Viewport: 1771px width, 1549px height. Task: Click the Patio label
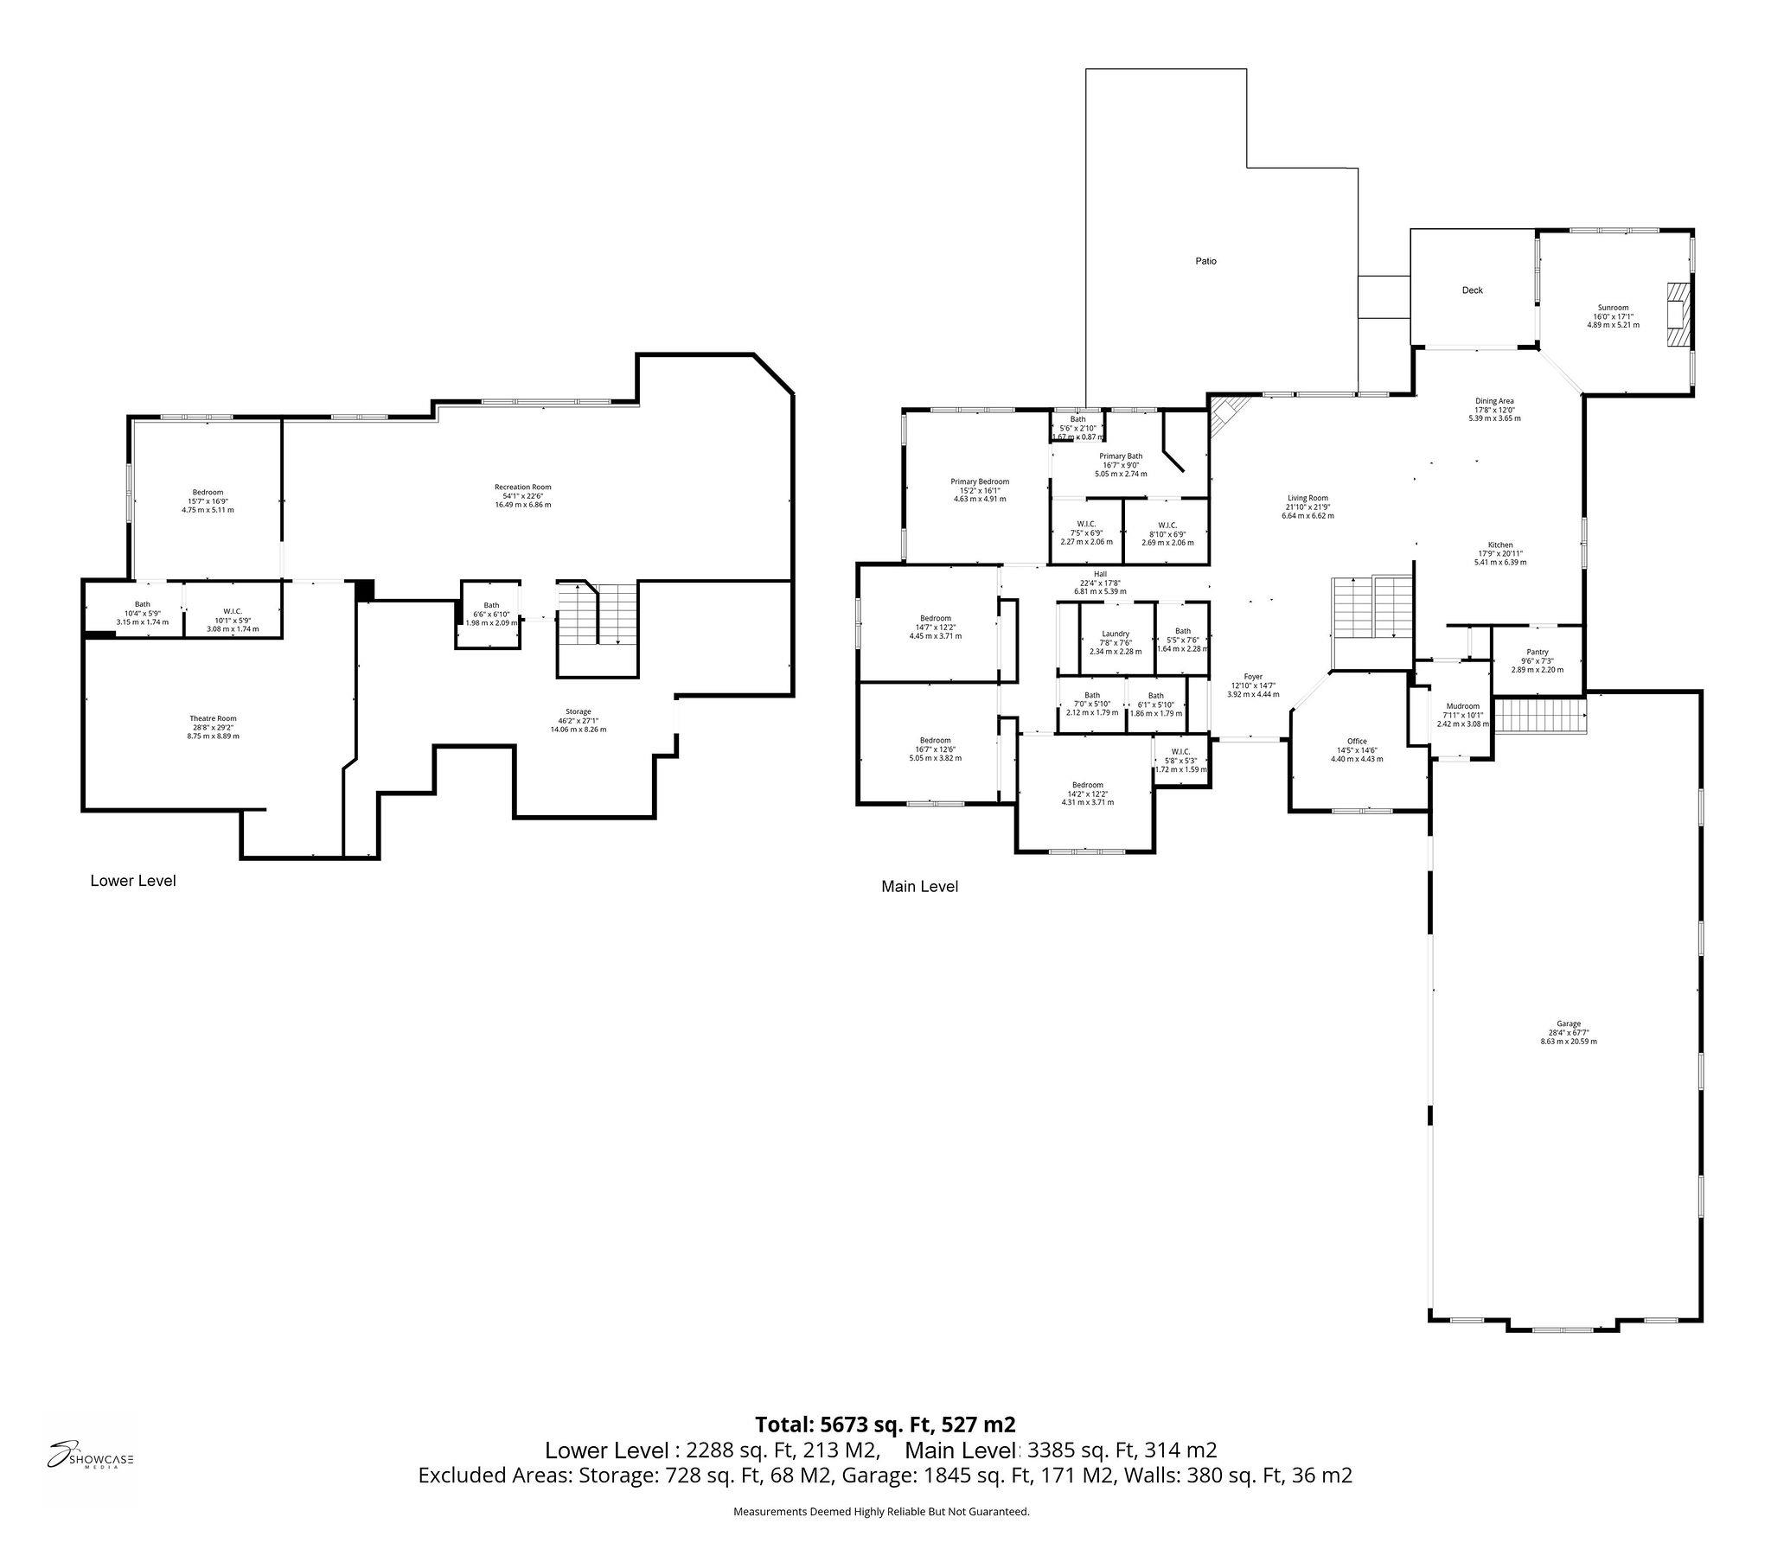[1205, 261]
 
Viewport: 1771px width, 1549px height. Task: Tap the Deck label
[1472, 290]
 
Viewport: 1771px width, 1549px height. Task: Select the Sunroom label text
[1613, 308]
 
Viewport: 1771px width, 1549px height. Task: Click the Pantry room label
[1537, 652]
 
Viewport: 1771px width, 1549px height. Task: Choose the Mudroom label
[1462, 706]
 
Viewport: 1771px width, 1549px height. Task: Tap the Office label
[1357, 741]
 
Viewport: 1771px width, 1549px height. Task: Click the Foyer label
[1253, 677]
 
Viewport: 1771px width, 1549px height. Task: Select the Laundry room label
[1116, 634]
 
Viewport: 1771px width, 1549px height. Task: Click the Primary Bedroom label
[980, 481]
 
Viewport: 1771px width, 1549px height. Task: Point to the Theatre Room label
[213, 718]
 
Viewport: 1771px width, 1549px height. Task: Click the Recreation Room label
[522, 487]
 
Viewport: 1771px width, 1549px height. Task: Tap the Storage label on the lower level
[578, 711]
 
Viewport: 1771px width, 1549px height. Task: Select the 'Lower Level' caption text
[133, 880]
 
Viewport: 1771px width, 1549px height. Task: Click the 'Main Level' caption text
[919, 886]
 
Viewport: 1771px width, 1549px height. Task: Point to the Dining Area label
[1493, 401]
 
